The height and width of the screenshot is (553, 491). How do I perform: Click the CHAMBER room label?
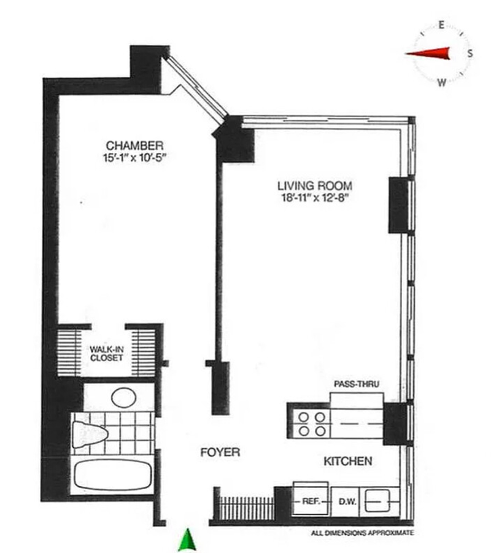[134, 145]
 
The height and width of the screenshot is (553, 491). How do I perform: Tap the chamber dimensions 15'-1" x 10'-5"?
[134, 157]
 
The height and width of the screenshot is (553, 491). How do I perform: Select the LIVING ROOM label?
[315, 185]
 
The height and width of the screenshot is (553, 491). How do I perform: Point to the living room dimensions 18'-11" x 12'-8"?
[315, 198]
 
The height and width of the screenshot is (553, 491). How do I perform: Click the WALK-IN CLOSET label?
[107, 354]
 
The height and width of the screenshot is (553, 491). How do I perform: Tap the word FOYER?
[220, 452]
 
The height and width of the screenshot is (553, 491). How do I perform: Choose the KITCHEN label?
[348, 461]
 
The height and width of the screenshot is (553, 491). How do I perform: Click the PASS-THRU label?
[357, 384]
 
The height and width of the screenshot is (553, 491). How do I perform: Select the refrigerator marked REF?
[311, 498]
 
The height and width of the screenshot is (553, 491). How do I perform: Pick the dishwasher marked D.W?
[348, 501]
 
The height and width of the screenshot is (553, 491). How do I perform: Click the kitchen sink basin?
[377, 500]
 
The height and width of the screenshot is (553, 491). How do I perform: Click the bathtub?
[114, 474]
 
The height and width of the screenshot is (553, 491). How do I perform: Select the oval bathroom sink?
[124, 398]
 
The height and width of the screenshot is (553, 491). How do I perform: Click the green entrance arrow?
[187, 539]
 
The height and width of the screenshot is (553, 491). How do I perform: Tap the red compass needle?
[428, 53]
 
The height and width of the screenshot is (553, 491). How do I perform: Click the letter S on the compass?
[470, 53]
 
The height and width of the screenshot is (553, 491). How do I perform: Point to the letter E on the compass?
[441, 25]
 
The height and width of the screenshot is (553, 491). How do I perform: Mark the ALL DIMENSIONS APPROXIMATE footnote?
[362, 533]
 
